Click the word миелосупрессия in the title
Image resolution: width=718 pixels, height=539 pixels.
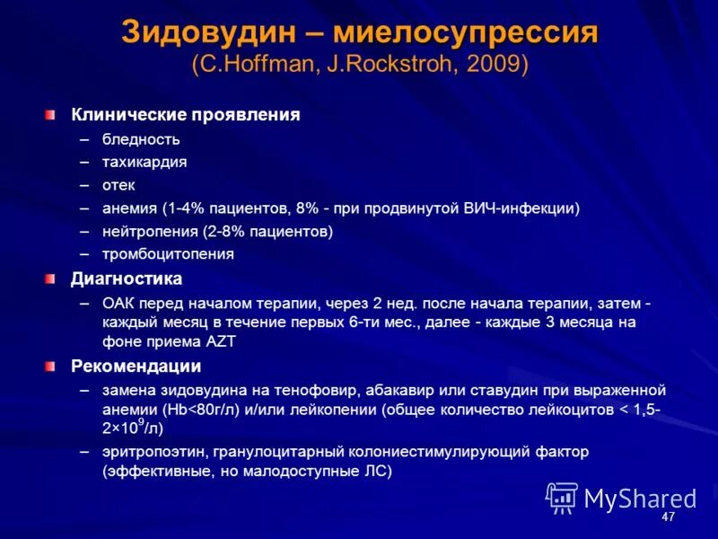(465, 33)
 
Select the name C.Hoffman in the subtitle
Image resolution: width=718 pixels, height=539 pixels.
(254, 65)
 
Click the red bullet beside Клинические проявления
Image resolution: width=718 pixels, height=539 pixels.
(51, 115)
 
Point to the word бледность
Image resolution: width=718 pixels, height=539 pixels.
(141, 139)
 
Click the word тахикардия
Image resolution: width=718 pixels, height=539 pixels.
(144, 162)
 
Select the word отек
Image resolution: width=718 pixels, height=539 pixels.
(118, 185)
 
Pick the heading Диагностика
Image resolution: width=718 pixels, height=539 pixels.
(127, 278)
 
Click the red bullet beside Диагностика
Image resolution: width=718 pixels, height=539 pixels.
(51, 278)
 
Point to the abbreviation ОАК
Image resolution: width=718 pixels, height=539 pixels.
(118, 303)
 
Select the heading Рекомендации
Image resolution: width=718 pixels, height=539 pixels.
(136, 367)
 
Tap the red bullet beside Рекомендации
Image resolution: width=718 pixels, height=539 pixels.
(51, 367)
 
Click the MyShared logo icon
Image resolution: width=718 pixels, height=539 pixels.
(562, 497)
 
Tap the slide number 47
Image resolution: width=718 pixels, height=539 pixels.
(668, 518)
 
